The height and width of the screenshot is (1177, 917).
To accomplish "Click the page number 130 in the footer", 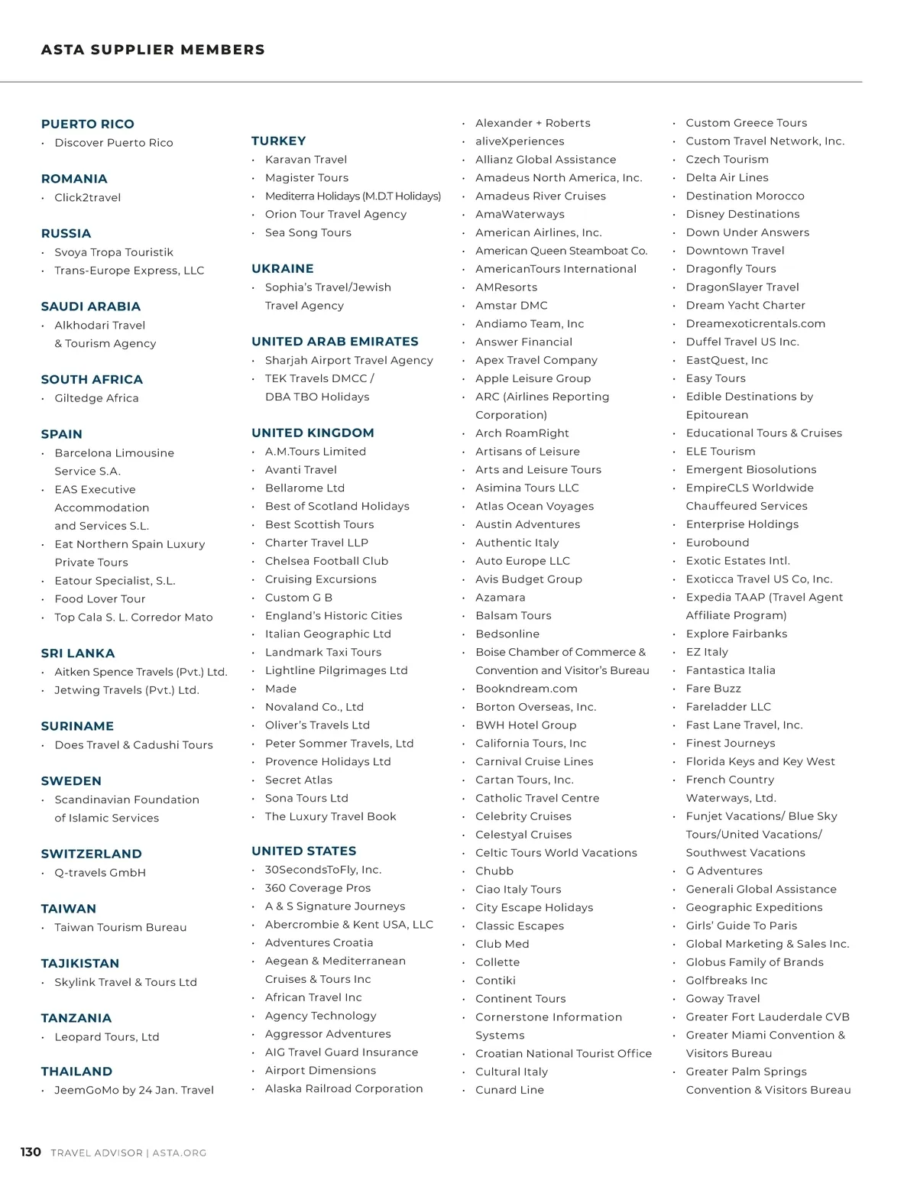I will point(31,1152).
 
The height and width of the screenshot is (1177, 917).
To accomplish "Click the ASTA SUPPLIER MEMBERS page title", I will point(153,50).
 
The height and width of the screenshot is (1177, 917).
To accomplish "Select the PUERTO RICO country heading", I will point(88,124).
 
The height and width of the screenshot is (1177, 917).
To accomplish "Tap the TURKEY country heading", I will point(279,141).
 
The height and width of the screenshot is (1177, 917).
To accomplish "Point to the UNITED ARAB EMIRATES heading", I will point(335,342).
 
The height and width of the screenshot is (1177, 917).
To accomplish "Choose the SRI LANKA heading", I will point(78,653).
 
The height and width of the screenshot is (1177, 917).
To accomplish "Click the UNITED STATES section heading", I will point(304,851).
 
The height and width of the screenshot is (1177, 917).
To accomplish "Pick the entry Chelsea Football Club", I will point(326,561).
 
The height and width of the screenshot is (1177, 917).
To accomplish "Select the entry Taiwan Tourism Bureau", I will point(120,927).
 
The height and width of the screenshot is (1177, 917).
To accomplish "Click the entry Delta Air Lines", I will point(727,177).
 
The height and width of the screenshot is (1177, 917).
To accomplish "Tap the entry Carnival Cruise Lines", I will point(534,761).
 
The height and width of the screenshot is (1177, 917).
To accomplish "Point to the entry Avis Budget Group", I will point(529,579).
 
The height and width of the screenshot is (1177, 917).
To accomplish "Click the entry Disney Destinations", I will point(743,214).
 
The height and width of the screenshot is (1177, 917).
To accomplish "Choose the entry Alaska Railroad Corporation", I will point(344,1088).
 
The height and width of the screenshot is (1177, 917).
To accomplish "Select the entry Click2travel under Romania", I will point(87,197).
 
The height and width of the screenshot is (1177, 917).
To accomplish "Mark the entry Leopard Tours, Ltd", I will point(107,1037).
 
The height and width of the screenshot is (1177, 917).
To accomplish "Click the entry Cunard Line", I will point(510,1090).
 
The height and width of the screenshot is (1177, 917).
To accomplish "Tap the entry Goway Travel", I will point(723,998).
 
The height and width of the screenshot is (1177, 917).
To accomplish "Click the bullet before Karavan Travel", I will point(254,160).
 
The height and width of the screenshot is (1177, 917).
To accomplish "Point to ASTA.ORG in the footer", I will point(180,1153).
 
